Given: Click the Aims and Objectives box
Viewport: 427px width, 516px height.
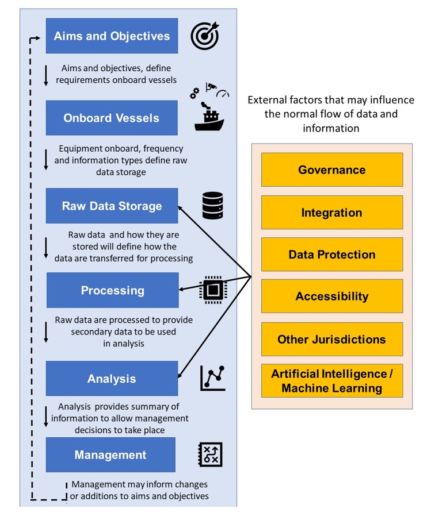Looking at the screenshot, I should point(112,36).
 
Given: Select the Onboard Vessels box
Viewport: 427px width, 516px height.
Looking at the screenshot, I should point(112,118).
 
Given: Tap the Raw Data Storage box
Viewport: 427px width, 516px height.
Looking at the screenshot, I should point(112,206).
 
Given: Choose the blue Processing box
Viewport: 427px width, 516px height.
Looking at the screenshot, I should point(112,290).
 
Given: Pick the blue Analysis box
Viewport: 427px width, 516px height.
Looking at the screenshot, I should point(112,379).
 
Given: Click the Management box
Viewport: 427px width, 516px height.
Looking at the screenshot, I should point(110,455).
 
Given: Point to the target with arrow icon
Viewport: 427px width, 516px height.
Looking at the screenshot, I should point(205,36).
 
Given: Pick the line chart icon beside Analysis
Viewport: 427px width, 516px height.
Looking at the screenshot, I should point(212,378).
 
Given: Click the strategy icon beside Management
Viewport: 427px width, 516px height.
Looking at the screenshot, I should point(209,455).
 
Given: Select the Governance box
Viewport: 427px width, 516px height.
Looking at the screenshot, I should point(331,170).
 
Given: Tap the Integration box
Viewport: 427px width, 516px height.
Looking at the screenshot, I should point(331,213).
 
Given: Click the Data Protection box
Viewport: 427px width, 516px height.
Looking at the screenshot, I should point(331,255).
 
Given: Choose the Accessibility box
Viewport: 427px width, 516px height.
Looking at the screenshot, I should point(331,296).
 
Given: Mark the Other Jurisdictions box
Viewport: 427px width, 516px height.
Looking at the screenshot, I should point(331,339).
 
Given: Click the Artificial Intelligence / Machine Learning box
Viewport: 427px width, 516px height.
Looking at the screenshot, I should point(331,381).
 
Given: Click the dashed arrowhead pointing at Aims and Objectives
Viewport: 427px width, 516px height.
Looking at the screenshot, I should point(39,38).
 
